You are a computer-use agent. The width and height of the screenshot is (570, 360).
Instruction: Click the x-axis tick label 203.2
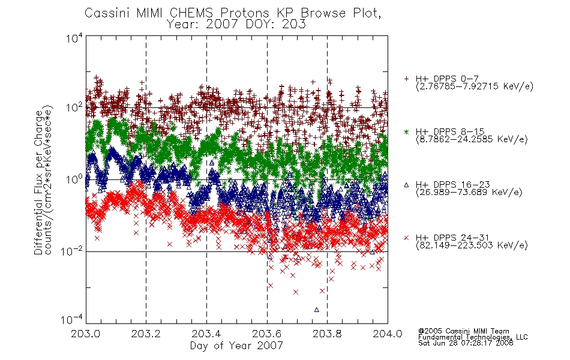tap(146, 334)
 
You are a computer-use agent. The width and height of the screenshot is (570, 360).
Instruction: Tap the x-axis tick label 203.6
tap(267, 334)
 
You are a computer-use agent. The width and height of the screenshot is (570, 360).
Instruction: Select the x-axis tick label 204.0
tap(388, 334)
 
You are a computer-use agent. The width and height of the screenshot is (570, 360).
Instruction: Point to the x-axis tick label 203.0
tap(86, 334)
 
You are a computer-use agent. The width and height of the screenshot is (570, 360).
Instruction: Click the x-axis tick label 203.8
tap(327, 334)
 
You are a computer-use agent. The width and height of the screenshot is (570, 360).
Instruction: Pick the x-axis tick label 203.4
tap(206, 334)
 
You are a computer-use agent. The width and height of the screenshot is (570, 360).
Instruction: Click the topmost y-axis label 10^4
tap(74, 38)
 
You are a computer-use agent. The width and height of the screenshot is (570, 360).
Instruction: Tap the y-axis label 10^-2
tap(72, 251)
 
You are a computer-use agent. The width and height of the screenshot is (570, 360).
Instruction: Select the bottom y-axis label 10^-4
tap(72, 319)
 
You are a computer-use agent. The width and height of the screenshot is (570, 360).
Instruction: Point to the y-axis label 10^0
tap(74, 179)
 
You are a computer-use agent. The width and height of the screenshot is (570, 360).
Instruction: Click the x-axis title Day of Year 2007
tap(236, 346)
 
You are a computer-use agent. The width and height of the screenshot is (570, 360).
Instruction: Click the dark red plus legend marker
tap(406, 79)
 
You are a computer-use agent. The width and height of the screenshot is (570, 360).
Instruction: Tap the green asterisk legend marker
tap(406, 131)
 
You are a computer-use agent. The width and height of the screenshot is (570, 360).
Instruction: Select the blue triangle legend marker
tap(406, 185)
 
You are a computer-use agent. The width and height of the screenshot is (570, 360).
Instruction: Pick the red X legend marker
tap(406, 238)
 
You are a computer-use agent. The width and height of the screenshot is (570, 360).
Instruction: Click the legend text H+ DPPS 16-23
tap(453, 184)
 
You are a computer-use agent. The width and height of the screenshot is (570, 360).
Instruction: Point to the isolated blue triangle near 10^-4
tap(317, 310)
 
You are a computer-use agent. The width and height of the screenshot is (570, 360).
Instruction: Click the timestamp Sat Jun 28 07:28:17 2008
tap(466, 343)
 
